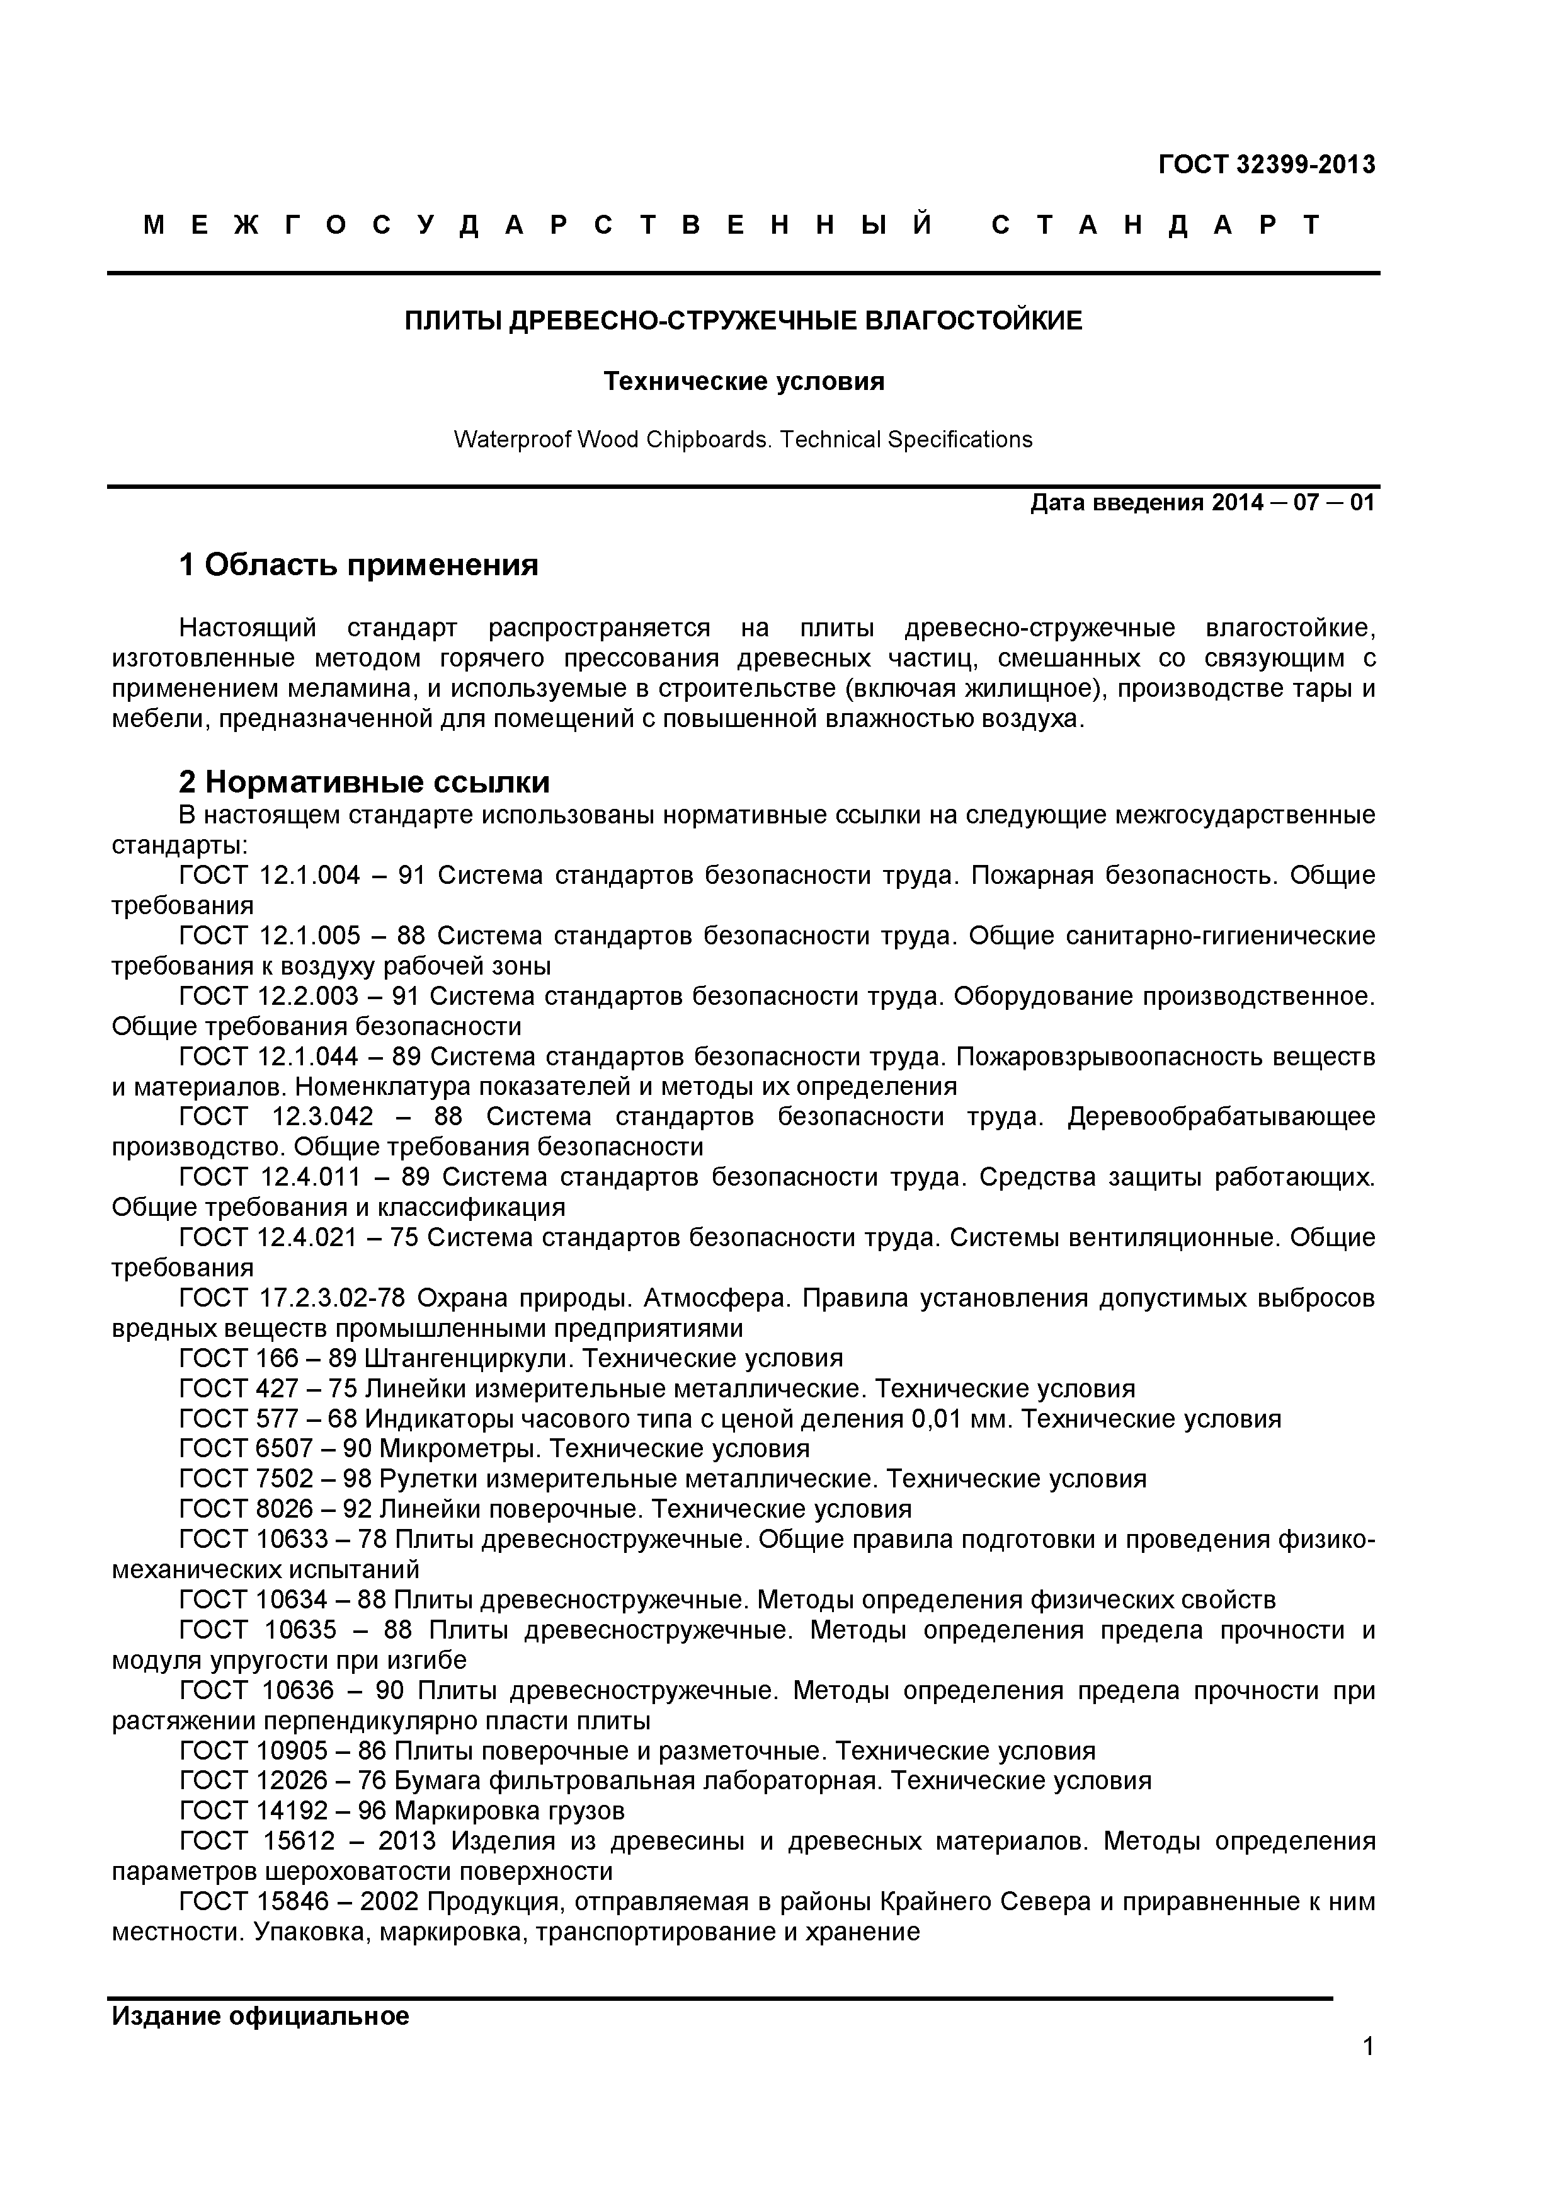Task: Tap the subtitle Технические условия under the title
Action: tap(743, 382)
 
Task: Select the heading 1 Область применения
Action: tap(358, 565)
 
